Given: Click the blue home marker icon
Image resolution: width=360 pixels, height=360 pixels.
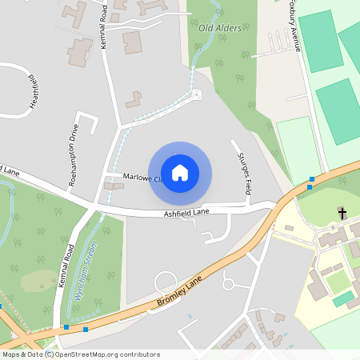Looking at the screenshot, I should (180, 172).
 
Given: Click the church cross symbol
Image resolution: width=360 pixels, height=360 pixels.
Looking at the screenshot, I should (342, 213).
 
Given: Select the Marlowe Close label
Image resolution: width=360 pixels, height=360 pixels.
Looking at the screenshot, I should (142, 177).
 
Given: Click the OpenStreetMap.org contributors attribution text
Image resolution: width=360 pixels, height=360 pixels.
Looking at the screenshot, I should (107, 354).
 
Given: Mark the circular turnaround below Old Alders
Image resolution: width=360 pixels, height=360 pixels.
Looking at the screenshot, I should (196, 94).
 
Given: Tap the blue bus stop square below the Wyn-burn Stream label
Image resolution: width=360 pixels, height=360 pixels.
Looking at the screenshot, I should (86, 329).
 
